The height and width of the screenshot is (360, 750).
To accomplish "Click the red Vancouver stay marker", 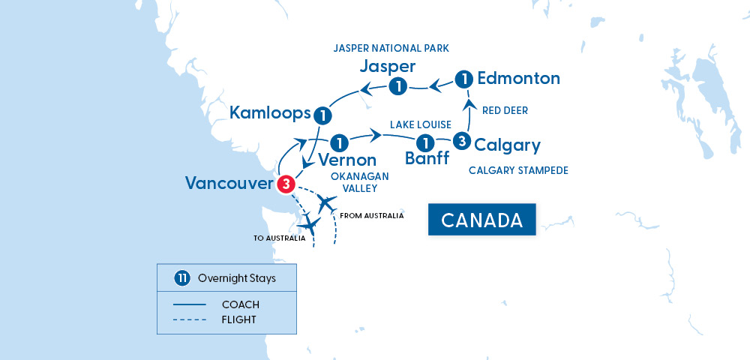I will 285,184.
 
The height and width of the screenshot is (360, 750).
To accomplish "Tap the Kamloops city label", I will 270,113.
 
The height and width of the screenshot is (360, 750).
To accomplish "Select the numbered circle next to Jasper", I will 399,86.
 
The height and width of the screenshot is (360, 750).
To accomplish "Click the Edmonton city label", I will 518,78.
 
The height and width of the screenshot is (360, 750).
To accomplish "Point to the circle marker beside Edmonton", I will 465,78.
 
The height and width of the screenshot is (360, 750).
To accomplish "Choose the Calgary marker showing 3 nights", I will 462,140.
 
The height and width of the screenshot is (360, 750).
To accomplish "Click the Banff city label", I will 427,158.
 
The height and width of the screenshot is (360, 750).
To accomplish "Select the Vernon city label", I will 346,160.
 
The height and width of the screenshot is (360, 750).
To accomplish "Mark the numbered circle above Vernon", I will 340,141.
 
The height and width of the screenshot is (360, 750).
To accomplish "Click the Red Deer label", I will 505,110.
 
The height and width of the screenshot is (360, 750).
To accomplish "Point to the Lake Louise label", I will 420,124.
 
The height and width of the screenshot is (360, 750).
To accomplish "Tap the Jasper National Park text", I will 391,48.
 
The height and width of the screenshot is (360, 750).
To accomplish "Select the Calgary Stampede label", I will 518,170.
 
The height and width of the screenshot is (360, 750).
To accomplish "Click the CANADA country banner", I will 482,220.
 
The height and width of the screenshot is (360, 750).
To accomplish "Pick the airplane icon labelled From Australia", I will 326,202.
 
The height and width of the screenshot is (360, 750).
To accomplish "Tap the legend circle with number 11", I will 181,278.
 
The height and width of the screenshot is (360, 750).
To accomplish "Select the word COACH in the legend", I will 240,304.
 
